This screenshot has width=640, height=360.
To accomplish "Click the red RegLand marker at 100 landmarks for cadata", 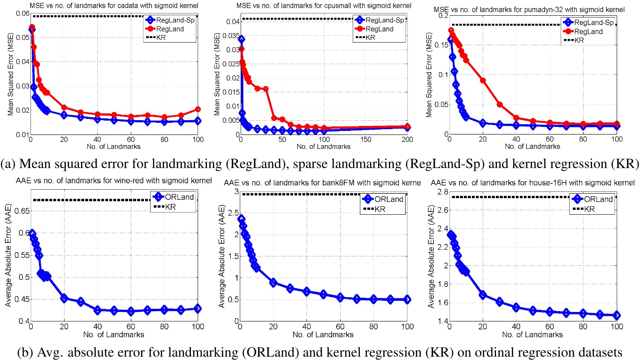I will (x=198, y=109).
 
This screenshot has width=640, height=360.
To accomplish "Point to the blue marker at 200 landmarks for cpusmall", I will (x=407, y=127).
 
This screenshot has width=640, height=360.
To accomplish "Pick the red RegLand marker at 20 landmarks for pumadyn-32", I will (x=483, y=80).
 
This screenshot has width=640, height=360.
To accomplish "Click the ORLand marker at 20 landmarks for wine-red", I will (x=64, y=299).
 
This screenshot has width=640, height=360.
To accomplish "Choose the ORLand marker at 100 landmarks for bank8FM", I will (x=407, y=299).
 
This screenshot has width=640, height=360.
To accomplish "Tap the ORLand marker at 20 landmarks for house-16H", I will (x=483, y=295).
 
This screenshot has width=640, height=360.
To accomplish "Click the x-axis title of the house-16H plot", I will (x=533, y=334).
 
